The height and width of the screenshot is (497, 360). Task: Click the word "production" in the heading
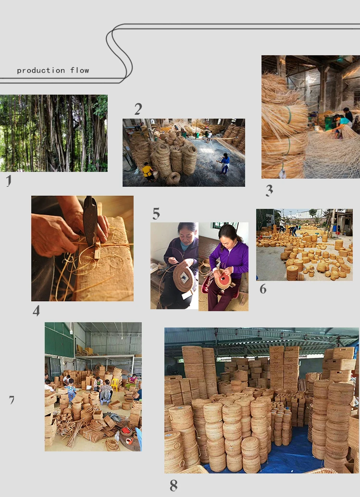pos(41,71)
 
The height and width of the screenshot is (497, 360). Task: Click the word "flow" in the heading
pos(80,70)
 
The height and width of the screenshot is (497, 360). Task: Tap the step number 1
pos(9,181)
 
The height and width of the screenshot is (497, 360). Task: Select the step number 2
pos(138,109)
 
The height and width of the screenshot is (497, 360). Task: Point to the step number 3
pos(269,191)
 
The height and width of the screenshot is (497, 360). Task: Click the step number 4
pos(37,311)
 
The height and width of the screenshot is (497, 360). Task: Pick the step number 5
pos(156,214)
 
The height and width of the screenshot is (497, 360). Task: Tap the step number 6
pos(263,289)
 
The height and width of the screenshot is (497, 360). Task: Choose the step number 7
pos(12,400)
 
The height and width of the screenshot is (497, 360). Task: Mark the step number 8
pos(174,485)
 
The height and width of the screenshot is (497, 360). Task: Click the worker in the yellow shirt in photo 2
pos(148,171)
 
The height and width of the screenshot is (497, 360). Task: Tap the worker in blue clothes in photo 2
pos(225,163)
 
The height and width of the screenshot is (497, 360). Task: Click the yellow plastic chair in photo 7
pos(115,384)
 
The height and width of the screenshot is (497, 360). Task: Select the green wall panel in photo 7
pos(59,339)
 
